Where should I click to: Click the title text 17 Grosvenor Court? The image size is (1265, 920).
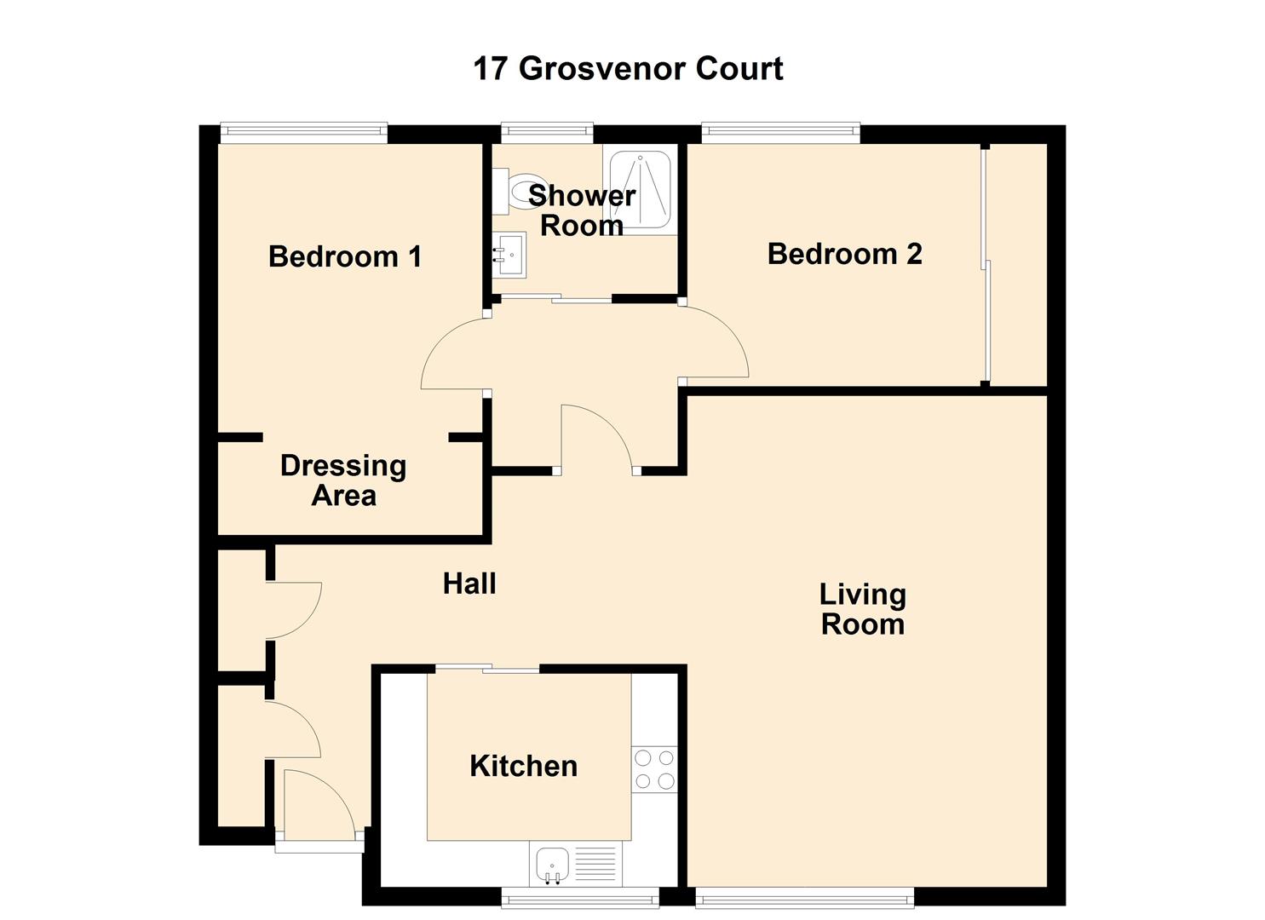click(x=628, y=68)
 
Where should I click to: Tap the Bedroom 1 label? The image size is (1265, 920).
click(x=345, y=256)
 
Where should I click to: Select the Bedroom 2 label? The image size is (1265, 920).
click(x=844, y=254)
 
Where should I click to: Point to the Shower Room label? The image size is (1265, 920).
click(x=582, y=210)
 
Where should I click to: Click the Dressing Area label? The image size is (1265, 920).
click(x=343, y=480)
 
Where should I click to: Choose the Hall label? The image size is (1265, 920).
click(x=469, y=584)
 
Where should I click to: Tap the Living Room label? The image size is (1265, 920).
click(x=862, y=609)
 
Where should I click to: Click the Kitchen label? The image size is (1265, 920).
click(x=523, y=766)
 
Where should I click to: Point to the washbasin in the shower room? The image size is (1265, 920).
click(x=509, y=255)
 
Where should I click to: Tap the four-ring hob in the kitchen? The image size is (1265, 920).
click(x=654, y=768)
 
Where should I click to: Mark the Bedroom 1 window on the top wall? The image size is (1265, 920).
click(x=303, y=131)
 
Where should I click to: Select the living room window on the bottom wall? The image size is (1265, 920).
click(x=804, y=896)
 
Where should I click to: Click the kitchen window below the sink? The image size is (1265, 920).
click(x=579, y=896)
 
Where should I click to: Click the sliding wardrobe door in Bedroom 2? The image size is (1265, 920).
click(x=984, y=264)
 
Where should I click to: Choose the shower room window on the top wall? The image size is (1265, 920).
click(x=546, y=130)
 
